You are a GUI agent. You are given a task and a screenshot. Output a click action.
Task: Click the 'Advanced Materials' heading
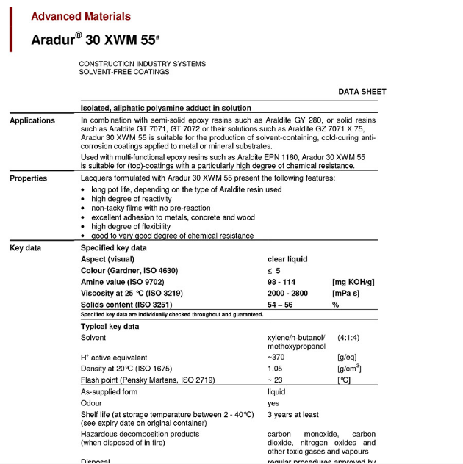81,16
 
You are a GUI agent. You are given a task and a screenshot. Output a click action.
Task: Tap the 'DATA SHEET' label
362,92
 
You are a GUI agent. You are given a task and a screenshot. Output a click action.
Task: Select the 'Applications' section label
32,120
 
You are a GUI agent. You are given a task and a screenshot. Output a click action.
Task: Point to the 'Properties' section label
29,178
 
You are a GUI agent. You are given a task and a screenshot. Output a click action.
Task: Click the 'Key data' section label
26,248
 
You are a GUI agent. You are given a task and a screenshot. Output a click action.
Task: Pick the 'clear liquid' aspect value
287,259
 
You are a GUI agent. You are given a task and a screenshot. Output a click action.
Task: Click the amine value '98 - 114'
283,282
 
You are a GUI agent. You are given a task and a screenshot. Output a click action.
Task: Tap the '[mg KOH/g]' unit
353,282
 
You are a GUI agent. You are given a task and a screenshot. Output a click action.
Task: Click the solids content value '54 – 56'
282,305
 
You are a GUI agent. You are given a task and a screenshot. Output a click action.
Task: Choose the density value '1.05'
276,369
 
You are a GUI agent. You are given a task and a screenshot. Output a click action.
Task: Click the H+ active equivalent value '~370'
276,358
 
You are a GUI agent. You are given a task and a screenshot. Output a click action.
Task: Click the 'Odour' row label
92,403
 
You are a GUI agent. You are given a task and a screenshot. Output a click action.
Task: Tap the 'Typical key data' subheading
110,326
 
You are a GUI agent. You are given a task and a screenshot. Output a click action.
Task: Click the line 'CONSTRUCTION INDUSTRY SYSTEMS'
143,64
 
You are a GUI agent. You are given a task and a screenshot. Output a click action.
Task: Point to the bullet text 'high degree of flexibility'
134,227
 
